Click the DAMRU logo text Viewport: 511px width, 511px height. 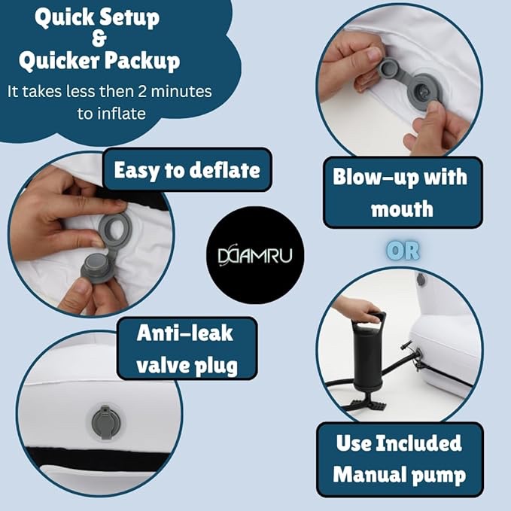click(x=255, y=255)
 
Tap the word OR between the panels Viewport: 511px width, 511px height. click(x=403, y=251)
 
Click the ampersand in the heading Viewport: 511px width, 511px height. click(x=99, y=38)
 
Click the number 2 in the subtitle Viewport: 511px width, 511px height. click(x=142, y=92)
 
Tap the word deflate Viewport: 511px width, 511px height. click(x=225, y=170)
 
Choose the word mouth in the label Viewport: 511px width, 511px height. click(x=402, y=209)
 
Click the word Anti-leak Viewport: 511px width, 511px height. click(x=185, y=333)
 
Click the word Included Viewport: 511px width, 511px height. click(x=419, y=443)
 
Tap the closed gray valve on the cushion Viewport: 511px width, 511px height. click(x=105, y=422)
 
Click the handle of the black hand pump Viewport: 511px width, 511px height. click(x=374, y=318)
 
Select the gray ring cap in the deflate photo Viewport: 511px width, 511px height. click(x=114, y=230)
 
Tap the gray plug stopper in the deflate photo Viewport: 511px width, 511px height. click(x=94, y=267)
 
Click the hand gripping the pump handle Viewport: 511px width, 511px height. click(x=356, y=309)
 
